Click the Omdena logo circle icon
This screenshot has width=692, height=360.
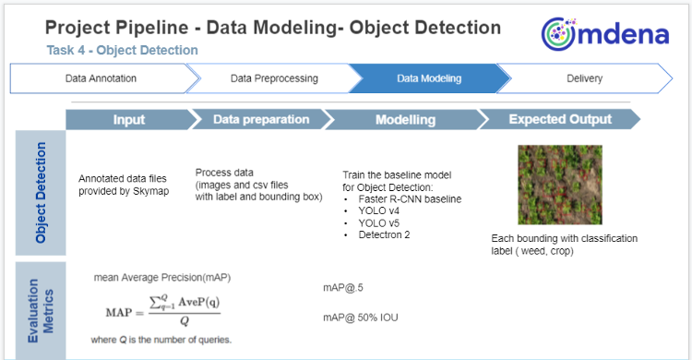[559, 34]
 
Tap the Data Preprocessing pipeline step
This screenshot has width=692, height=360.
[274, 78]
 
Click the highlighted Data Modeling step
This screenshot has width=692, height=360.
[429, 78]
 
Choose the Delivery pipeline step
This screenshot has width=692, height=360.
[584, 78]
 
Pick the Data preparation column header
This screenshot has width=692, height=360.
[261, 120]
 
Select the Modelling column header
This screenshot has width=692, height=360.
[406, 120]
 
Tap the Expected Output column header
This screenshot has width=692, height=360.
[560, 120]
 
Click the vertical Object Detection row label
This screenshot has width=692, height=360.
[41, 193]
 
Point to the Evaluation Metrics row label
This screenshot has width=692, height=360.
[41, 310]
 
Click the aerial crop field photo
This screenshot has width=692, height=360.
[560, 185]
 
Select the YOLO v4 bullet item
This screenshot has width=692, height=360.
[378, 211]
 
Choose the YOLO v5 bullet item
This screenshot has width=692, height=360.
[378, 223]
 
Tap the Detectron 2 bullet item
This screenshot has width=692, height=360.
[384, 235]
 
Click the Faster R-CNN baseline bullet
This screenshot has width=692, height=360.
[410, 199]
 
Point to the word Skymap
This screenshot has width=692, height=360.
[151, 192]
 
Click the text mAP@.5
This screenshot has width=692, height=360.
[343, 288]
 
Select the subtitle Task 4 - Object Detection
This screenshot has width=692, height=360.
[122, 51]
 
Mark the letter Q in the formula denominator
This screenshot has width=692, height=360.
[185, 321]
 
